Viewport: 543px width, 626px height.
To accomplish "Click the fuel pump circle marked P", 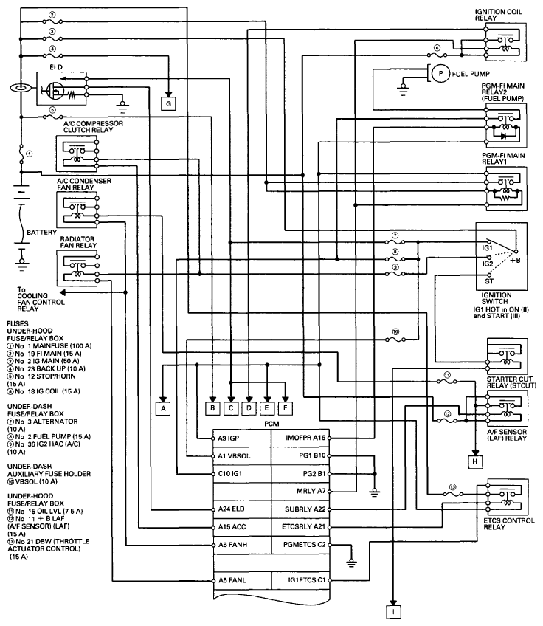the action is point(440,74).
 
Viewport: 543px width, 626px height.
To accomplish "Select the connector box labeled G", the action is point(168,104).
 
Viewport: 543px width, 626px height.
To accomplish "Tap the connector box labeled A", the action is point(163,408).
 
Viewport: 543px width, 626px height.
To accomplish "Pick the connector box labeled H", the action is point(475,461).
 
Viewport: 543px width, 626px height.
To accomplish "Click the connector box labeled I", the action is point(393,612).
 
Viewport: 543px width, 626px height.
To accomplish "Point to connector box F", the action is point(286,408).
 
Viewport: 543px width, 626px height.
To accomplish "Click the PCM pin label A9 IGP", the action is point(229,438).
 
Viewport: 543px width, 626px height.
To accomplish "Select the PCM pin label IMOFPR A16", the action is point(305,438).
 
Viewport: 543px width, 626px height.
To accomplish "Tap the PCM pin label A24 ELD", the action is point(232,509).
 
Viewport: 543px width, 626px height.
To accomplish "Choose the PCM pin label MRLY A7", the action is point(311,491).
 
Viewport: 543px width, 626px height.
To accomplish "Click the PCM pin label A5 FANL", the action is point(232,580).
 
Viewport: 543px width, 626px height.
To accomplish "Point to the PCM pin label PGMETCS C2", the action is point(305,545).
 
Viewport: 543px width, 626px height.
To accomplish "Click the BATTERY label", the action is point(41,233).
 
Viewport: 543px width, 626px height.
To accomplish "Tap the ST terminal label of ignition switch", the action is point(489,281).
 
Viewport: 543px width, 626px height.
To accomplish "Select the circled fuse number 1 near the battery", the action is point(29,154).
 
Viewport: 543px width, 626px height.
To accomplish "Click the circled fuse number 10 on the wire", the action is point(395,331).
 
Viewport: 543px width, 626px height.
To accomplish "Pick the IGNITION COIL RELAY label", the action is point(498,15).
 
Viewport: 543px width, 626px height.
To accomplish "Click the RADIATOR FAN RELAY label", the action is point(78,242).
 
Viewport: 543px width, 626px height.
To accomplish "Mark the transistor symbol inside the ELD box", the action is point(54,90).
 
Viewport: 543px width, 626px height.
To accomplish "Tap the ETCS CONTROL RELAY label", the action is point(508,524).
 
